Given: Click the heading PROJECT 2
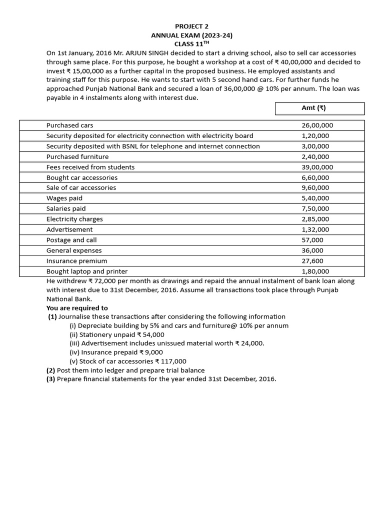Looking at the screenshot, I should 192,26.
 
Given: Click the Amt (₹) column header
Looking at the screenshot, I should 319,108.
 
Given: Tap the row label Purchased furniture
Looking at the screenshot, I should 77,156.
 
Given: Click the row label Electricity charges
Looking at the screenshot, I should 74,219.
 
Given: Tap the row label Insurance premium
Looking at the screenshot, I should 76,261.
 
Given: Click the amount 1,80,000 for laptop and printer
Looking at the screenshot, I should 315,271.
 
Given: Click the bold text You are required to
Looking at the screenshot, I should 77,308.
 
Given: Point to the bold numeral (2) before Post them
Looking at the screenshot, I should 50,370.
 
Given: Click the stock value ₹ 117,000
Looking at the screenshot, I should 171,361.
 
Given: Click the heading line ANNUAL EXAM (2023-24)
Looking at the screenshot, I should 192,35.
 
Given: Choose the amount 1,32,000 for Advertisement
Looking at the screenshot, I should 315,229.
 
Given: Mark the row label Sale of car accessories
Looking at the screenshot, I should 81,188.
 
